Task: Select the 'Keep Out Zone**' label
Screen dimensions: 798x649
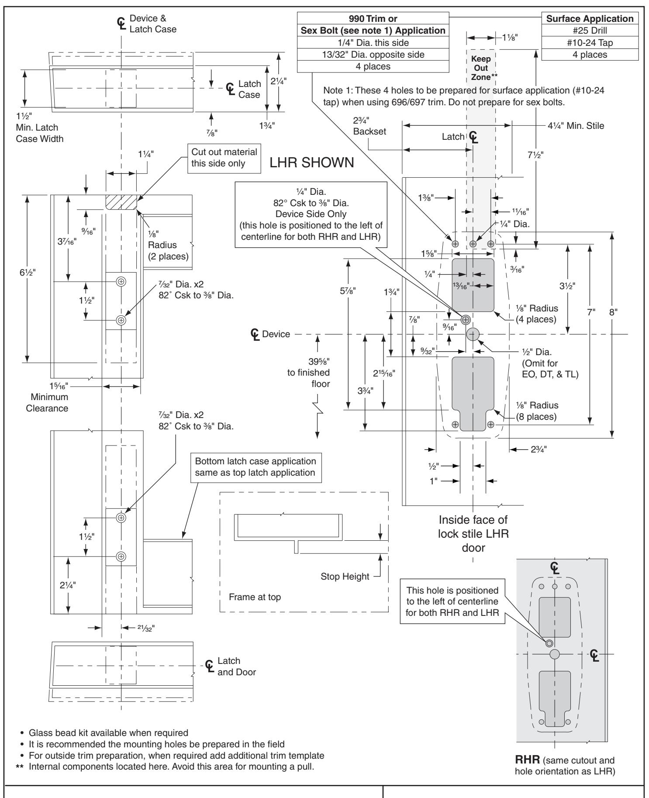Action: pos(481,67)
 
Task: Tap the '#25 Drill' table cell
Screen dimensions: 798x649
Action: pos(587,31)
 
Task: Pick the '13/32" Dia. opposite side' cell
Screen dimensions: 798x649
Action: pos(373,55)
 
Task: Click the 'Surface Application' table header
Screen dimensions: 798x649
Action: pos(587,18)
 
